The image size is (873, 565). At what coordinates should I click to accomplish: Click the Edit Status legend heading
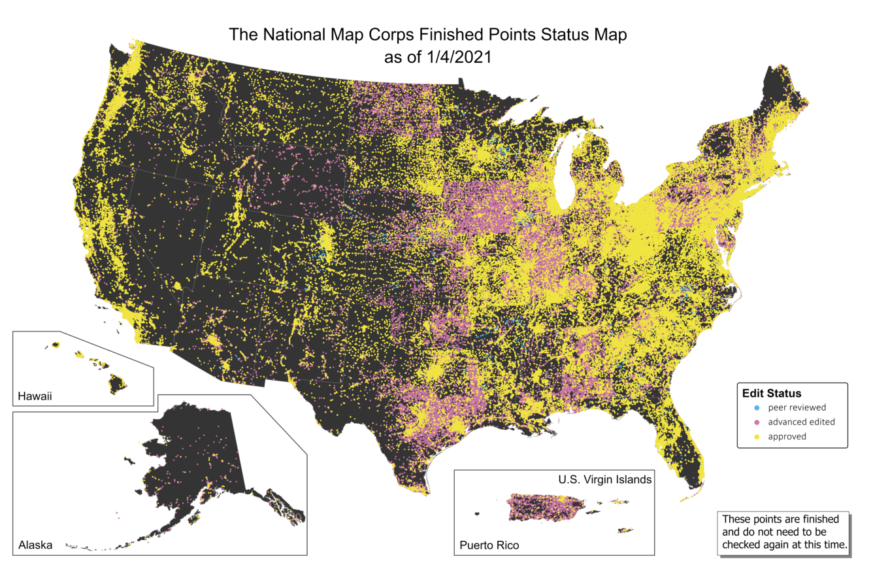(x=771, y=393)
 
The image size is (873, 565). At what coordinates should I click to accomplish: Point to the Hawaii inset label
(x=34, y=396)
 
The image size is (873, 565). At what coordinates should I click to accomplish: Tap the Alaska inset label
(x=35, y=545)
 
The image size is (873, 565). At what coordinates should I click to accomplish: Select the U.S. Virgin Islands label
(x=604, y=479)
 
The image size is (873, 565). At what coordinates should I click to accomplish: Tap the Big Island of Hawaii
(x=118, y=384)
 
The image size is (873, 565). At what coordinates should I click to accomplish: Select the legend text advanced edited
(x=801, y=422)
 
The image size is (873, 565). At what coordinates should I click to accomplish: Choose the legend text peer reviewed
(x=797, y=407)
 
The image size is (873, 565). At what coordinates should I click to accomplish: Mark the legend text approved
(x=787, y=436)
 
